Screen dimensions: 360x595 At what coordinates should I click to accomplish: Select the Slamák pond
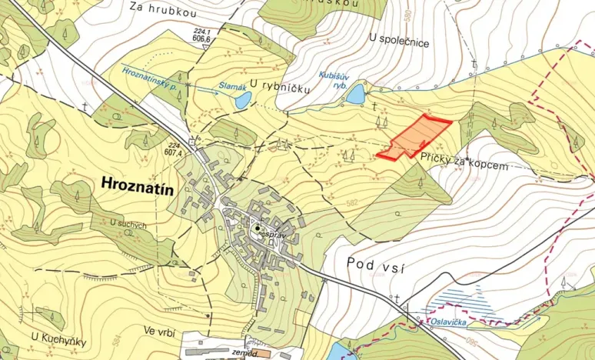click(243, 100)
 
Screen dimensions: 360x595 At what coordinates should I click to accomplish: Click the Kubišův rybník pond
click(355, 95)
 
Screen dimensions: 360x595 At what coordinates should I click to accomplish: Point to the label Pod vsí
click(375, 266)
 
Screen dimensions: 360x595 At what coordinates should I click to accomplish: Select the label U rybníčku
click(280, 89)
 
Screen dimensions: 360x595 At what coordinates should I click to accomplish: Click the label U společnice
click(399, 42)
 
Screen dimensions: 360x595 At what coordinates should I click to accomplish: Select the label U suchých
click(128, 224)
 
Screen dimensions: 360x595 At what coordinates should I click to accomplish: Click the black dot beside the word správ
click(258, 228)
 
